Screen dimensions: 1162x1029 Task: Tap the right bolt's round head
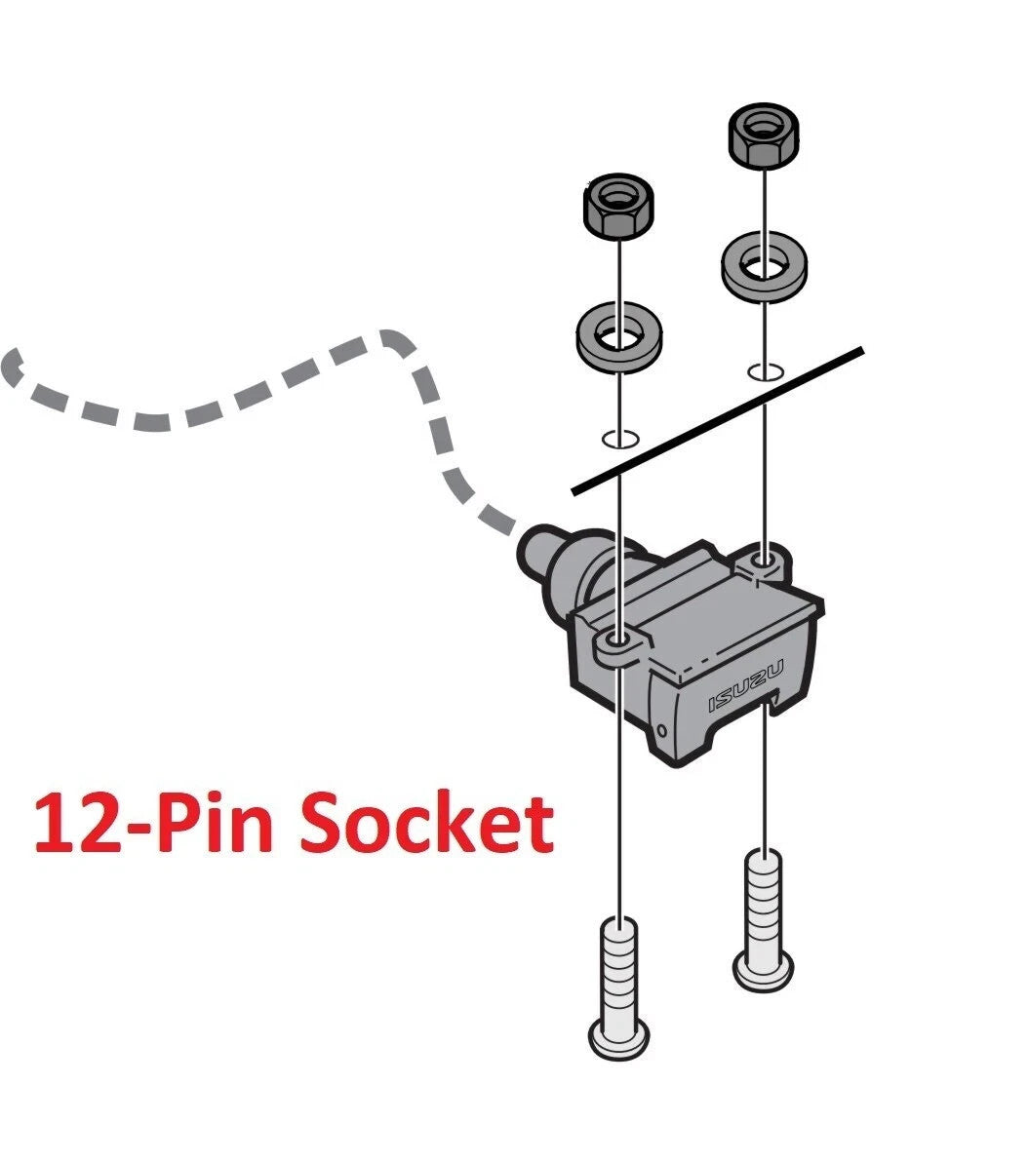(764, 969)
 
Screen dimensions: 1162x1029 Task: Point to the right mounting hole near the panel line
(764, 371)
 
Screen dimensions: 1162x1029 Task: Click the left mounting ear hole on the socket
(617, 641)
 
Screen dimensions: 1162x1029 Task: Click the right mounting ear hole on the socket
(765, 561)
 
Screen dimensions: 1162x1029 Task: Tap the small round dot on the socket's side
(662, 729)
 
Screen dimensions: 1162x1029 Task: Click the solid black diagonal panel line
(718, 420)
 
